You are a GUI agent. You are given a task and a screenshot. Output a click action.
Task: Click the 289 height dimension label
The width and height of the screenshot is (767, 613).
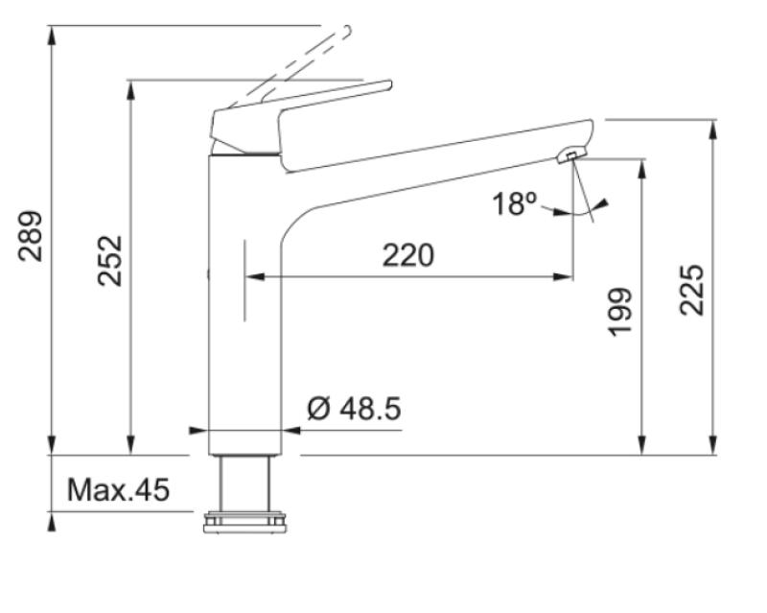[x=31, y=235]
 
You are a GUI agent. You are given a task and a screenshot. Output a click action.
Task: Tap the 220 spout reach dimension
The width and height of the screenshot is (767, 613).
[x=408, y=255]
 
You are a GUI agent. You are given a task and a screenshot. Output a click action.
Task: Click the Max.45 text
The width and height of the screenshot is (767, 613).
[x=118, y=490]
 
